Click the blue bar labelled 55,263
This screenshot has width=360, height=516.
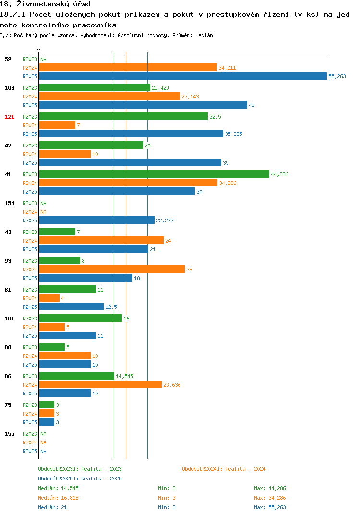[x=183, y=76]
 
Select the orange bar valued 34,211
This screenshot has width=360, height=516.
[x=128, y=67]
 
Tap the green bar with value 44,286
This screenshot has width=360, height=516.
[x=154, y=174]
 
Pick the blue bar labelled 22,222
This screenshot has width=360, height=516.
[x=97, y=220]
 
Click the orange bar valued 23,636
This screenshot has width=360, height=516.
[x=101, y=384]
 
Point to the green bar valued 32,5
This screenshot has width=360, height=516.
[x=124, y=116]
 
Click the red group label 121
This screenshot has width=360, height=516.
[x=10, y=117]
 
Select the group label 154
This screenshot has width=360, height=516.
[x=10, y=203]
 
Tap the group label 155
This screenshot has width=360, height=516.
[x=10, y=434]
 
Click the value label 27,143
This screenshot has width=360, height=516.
[x=191, y=97]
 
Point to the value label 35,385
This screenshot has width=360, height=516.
[x=233, y=134]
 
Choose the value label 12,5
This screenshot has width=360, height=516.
[x=111, y=307]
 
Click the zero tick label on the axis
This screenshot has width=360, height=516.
[x=39, y=49]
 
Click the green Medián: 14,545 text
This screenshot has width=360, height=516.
[x=58, y=488]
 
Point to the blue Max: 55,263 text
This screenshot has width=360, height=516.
[x=270, y=507]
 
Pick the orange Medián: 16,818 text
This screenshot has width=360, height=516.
[x=58, y=498]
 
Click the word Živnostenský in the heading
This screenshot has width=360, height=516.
[x=43, y=4]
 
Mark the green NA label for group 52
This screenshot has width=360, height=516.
[x=43, y=59]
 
